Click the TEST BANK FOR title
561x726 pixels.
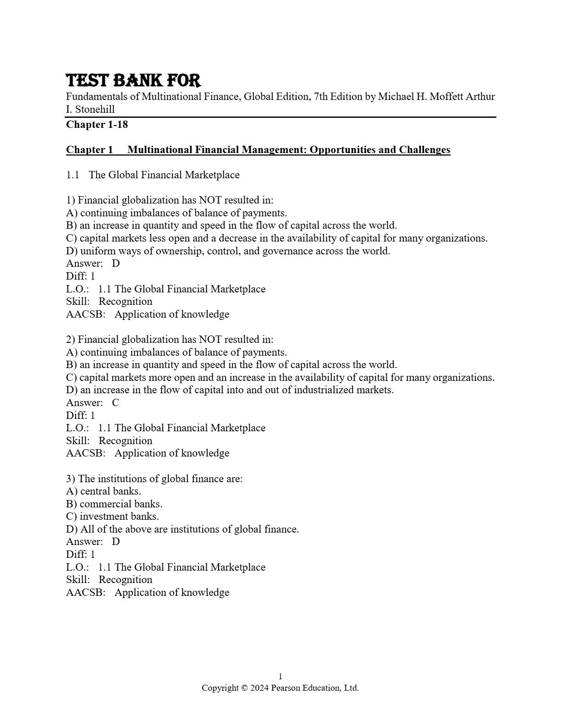pos(133,81)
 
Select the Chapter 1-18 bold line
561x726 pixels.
pos(97,125)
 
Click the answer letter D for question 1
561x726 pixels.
pos(116,264)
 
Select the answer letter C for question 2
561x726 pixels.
pos(115,403)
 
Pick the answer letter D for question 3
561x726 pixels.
pos(116,542)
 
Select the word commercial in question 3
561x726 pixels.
pos(102,504)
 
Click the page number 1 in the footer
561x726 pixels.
pos(280,676)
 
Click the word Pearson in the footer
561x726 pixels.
pos(286,688)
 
